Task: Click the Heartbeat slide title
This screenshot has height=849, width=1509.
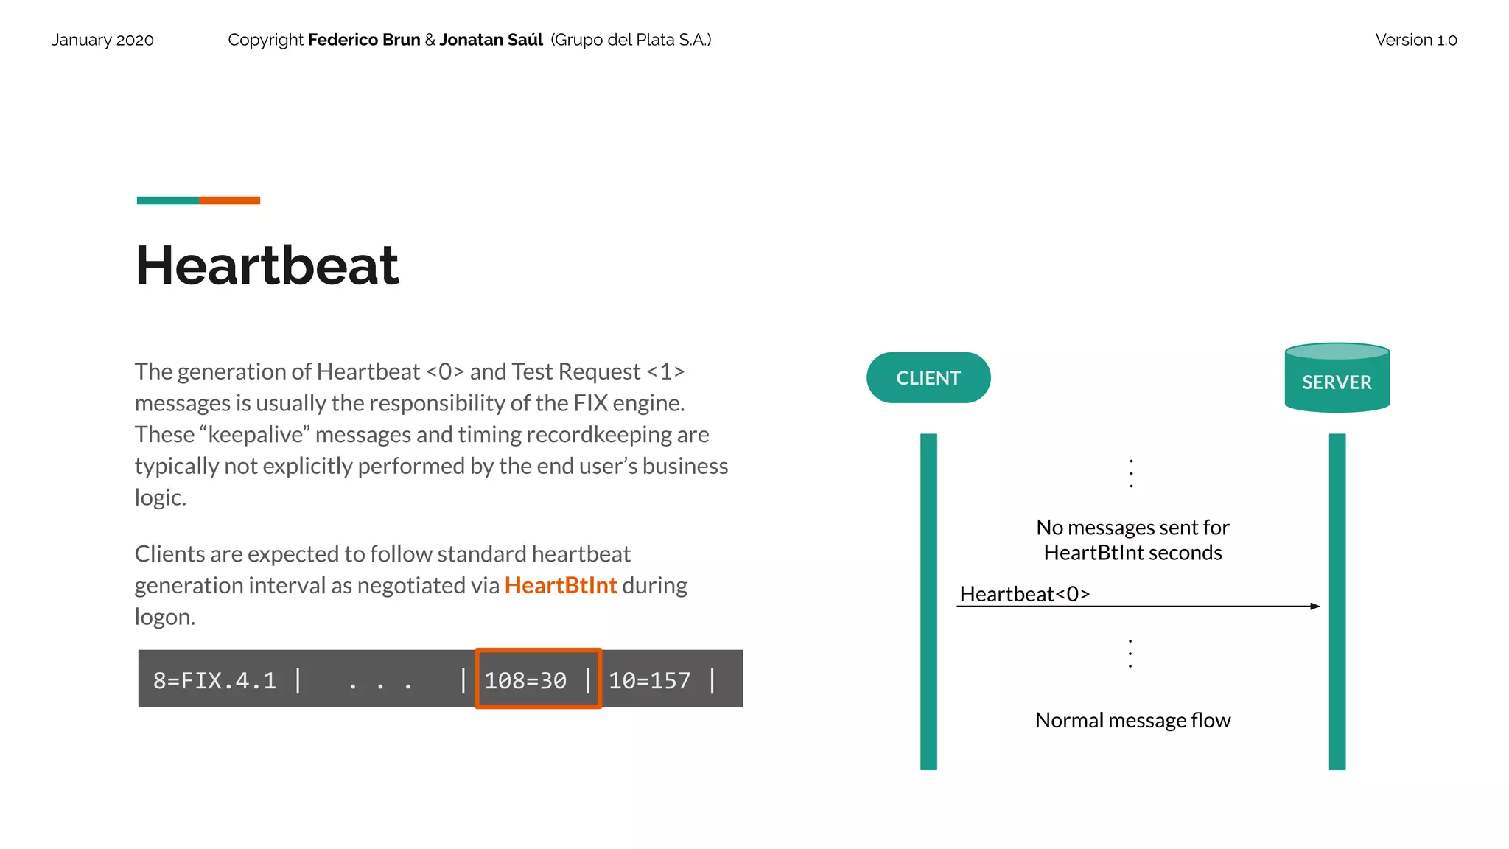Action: pos(267,265)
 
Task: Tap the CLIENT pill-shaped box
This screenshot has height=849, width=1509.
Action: pos(928,378)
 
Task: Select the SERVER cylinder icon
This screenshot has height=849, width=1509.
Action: pos(1337,378)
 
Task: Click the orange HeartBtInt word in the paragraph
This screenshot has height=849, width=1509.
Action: pos(560,585)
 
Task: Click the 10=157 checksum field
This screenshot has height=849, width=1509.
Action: pos(649,680)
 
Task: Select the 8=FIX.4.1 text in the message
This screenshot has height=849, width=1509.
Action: pos(214,680)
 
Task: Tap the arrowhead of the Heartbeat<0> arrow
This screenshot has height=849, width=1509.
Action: pos(1315,607)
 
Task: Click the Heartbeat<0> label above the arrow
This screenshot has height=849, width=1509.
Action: pos(1024,594)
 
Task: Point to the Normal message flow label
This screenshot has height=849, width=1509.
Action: pos(1132,720)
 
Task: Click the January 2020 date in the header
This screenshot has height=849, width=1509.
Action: pos(102,40)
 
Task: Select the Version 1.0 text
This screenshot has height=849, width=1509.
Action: pos(1415,40)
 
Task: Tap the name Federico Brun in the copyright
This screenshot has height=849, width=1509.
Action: pos(364,40)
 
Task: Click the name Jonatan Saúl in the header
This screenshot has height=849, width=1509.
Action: pos(491,40)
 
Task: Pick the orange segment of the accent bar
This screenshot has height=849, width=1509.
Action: pos(229,200)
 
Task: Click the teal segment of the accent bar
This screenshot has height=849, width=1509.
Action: pos(167,200)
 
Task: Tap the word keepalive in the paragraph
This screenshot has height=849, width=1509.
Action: pos(256,435)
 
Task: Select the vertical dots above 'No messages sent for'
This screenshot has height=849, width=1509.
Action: pos(1131,472)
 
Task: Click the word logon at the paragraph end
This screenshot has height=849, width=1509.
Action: pos(164,617)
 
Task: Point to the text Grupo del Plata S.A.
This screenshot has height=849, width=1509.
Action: pos(631,40)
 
